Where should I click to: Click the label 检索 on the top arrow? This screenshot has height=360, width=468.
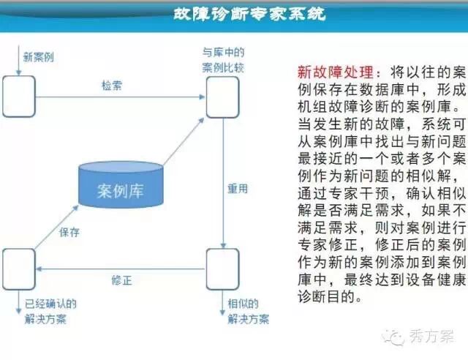click(x=112, y=86)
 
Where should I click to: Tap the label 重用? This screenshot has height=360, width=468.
click(x=238, y=188)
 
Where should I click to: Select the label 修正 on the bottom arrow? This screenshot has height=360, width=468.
click(x=121, y=280)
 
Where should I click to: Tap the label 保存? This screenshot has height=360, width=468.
click(x=69, y=233)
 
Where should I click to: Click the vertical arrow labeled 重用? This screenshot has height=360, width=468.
click(x=222, y=183)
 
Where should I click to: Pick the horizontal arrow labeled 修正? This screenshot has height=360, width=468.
click(x=120, y=269)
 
